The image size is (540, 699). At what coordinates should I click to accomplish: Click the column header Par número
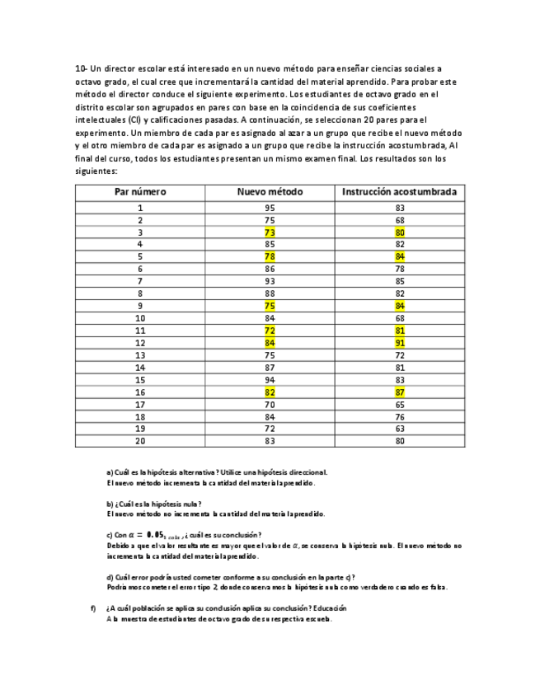140,192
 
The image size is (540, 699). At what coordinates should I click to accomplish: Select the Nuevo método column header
270,192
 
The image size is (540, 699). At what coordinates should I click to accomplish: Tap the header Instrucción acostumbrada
399,192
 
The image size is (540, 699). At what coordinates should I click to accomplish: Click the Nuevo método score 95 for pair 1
270,209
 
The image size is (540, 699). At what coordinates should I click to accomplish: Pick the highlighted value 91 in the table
399,343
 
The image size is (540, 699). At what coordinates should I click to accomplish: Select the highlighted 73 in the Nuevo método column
270,232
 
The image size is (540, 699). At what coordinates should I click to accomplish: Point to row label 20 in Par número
140,440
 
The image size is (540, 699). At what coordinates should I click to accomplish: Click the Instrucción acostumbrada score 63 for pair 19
399,429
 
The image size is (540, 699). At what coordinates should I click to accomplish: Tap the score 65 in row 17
399,404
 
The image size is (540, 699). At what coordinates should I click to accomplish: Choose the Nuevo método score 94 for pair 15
270,380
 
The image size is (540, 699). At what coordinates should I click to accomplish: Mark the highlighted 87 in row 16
399,392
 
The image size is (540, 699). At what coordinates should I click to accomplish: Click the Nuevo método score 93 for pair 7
270,282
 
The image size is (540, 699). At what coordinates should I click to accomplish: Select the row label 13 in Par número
140,355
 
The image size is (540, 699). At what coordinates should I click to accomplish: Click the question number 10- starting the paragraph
82,68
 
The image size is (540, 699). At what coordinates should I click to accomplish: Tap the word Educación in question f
327,608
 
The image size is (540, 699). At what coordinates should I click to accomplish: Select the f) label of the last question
93,608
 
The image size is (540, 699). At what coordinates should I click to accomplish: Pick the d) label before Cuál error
111,577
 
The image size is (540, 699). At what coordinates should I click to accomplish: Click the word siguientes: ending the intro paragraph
96,171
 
